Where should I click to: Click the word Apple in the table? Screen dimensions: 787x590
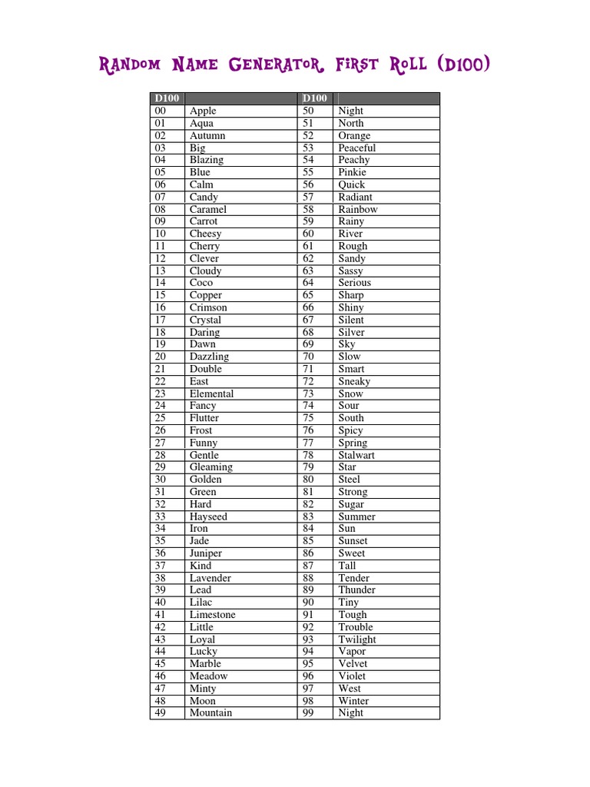point(203,111)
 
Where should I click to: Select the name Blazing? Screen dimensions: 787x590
point(207,160)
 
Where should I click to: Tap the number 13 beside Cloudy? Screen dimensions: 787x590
point(160,271)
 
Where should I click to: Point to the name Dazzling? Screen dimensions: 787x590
point(209,357)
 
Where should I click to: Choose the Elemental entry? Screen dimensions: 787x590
point(211,393)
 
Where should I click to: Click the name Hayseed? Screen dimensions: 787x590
point(208,516)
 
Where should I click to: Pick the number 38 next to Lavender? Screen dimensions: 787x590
point(160,578)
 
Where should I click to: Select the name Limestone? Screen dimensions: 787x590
point(212,615)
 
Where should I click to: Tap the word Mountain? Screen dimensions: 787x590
point(210,713)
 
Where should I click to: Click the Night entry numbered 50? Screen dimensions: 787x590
point(350,111)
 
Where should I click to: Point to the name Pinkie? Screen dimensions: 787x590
point(352,172)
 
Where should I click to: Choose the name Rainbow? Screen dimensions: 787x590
point(358,209)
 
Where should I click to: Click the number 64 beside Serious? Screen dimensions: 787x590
point(308,283)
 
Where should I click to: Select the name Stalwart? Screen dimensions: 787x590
point(356,455)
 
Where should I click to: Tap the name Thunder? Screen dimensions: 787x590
point(356,590)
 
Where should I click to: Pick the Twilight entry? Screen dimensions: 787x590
point(357,639)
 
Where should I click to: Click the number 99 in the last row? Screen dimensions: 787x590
point(308,713)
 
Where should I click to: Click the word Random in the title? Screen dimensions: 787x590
point(130,65)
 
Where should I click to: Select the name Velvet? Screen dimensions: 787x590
point(353,664)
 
